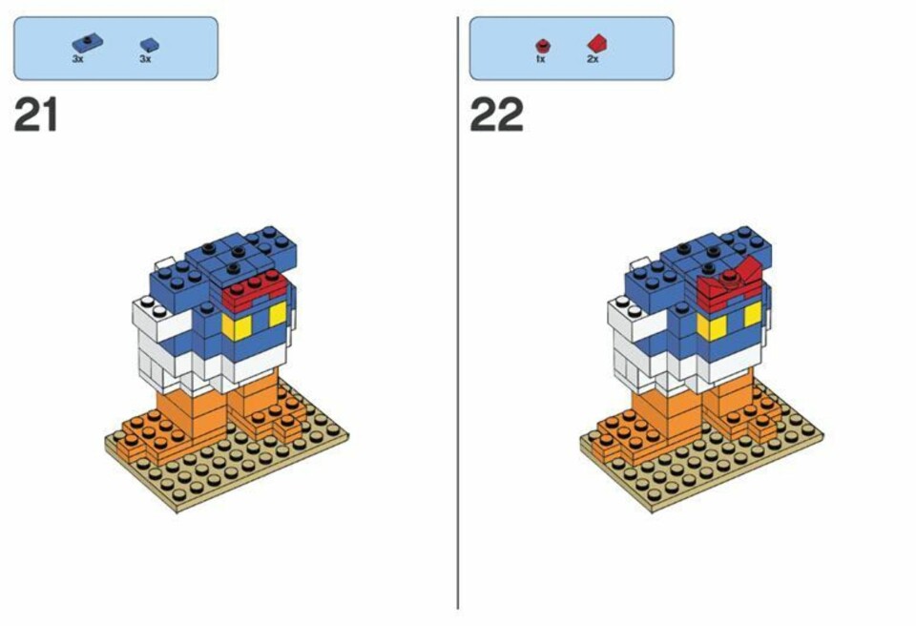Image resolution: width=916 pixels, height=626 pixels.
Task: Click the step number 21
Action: click(35, 115)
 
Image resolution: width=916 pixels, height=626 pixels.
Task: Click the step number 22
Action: click(496, 115)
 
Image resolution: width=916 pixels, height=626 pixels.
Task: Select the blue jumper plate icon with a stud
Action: click(87, 44)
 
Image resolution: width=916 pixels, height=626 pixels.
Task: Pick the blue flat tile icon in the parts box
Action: click(150, 46)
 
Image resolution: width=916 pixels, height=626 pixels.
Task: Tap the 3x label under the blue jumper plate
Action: click(77, 59)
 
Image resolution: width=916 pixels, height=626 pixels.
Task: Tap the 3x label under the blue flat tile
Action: click(145, 59)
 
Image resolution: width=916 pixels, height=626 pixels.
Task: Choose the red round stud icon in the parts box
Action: click(543, 46)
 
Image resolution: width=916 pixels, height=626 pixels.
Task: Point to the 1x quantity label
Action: click(540, 59)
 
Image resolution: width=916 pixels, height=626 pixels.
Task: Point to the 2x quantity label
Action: click(593, 59)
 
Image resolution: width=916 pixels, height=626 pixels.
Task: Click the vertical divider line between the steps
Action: click(457, 313)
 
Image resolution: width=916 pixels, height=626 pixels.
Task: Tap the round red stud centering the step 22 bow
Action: click(728, 278)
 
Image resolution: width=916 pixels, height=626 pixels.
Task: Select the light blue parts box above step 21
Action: click(115, 48)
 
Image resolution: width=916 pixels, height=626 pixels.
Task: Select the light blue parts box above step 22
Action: click(572, 48)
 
